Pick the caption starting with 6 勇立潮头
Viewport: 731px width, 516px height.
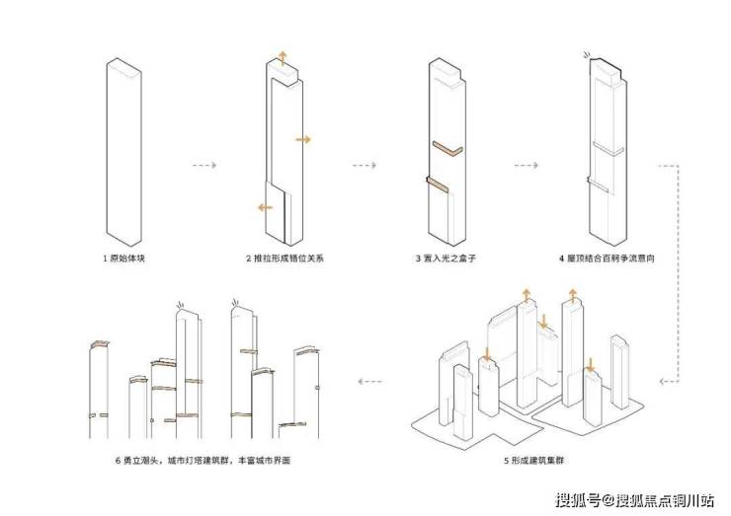pyautogui.click(x=203, y=460)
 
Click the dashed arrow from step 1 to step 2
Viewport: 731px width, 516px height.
pyautogui.click(x=203, y=165)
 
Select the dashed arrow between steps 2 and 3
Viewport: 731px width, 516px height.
pyautogui.click(x=364, y=165)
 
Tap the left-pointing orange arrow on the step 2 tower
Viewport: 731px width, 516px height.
pyautogui.click(x=265, y=206)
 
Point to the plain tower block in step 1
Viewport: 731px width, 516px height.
pyautogui.click(x=126, y=148)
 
